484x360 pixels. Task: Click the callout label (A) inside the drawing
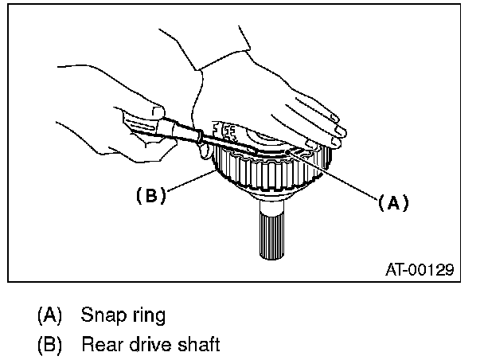[392, 202]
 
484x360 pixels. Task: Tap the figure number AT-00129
[417, 270]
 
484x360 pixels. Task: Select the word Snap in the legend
[102, 315]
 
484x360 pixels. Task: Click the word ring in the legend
[148, 315]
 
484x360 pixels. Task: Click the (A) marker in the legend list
[49, 315]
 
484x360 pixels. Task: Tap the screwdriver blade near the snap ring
[231, 143]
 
